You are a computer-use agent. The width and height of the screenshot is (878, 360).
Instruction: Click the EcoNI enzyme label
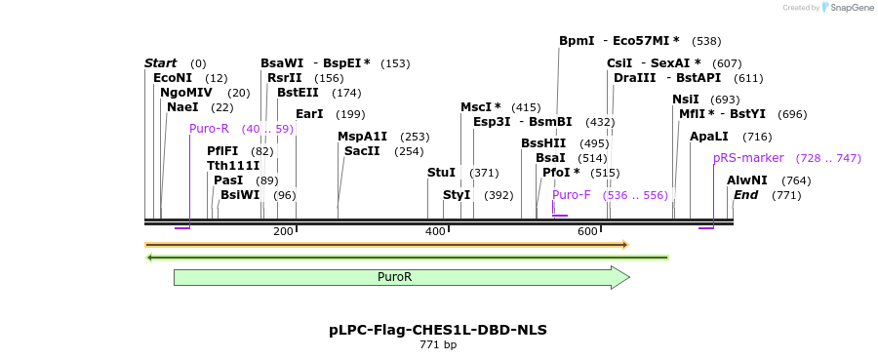tap(173, 78)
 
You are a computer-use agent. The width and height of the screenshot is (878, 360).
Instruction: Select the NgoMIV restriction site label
tap(186, 93)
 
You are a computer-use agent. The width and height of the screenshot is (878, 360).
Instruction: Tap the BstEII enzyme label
tap(298, 93)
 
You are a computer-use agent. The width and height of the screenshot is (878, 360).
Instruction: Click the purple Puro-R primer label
tap(209, 129)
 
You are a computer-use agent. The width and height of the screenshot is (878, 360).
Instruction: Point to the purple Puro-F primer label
tap(572, 195)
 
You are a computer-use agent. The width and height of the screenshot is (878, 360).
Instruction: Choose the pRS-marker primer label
tap(748, 158)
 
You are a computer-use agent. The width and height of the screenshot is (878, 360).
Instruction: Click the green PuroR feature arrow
tap(401, 277)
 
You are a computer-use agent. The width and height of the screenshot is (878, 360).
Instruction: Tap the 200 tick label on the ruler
tap(283, 231)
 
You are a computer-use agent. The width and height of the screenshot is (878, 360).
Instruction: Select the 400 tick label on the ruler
tap(435, 231)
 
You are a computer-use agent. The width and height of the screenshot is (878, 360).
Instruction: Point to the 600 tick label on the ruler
tap(587, 231)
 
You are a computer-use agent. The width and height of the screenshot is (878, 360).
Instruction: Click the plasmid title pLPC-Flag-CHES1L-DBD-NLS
tap(438, 330)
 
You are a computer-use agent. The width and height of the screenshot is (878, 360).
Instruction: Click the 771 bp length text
tap(438, 345)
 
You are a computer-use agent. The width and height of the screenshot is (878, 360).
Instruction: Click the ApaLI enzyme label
tap(709, 137)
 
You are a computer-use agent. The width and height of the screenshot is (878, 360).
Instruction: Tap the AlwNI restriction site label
tap(747, 180)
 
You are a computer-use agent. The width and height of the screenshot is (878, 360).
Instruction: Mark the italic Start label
tap(161, 63)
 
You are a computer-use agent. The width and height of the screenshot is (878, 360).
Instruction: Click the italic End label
tap(746, 195)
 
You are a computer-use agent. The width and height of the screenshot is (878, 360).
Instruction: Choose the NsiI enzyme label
tap(686, 100)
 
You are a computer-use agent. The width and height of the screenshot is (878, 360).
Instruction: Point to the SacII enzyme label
tap(362, 151)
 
